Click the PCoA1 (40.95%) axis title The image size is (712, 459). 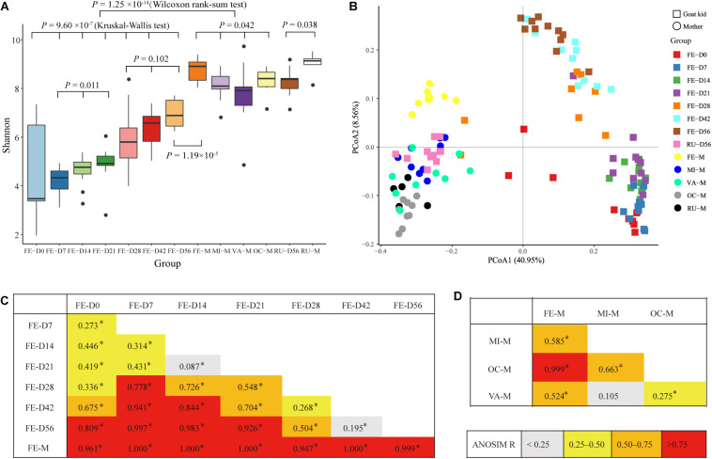[x=520, y=258]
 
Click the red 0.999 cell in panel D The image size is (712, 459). [x=544, y=362]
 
